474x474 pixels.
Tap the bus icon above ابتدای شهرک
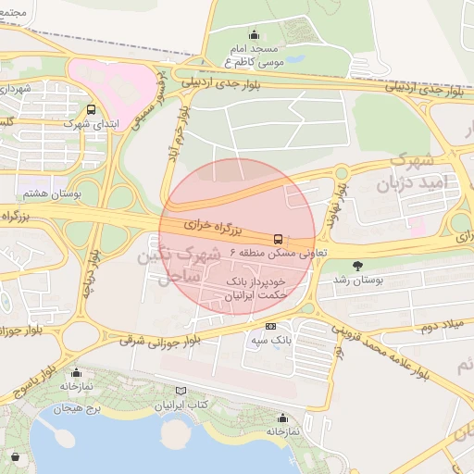tap(91, 109)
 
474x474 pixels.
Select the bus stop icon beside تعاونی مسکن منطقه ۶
tap(279, 238)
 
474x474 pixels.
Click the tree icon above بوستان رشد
tap(357, 265)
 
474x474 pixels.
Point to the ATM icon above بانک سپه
tap(270, 326)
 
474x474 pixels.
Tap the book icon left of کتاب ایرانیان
tap(180, 392)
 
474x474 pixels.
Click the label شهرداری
tap(16, 89)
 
